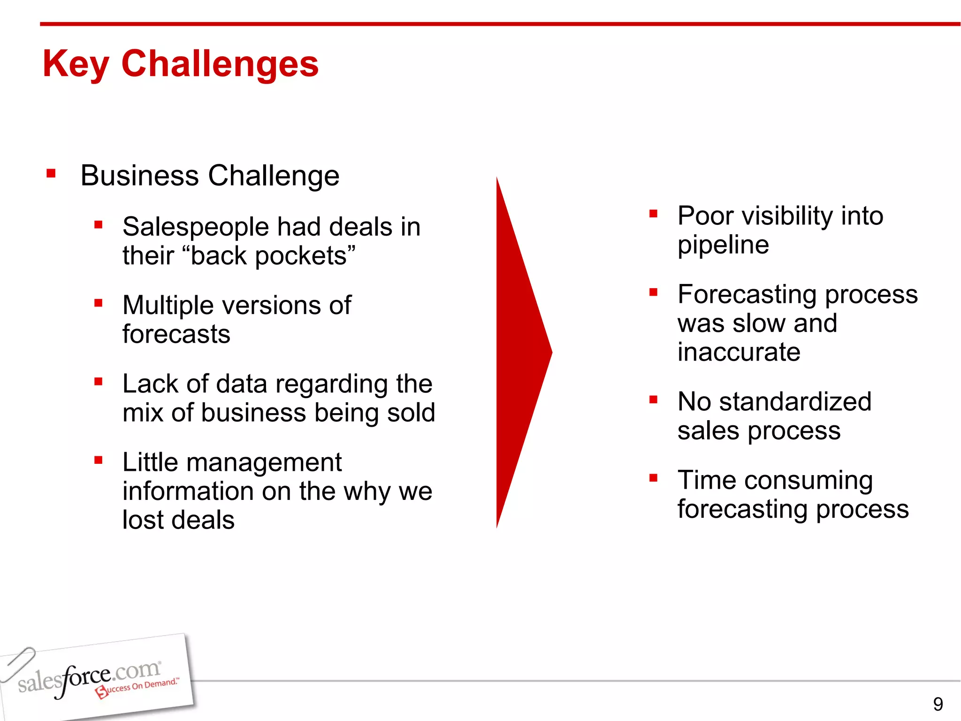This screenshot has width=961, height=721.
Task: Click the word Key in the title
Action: point(76,64)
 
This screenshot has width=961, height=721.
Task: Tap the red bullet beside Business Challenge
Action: point(51,174)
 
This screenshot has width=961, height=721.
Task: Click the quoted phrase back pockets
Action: point(272,256)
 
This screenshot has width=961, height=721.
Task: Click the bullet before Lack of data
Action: point(98,382)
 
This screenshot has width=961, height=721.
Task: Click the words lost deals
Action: point(178,520)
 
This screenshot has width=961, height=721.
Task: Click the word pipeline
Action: point(723,245)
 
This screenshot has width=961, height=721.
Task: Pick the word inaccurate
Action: point(739,352)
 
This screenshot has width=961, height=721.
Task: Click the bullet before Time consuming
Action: point(653,478)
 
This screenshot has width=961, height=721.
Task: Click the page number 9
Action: point(938,704)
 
